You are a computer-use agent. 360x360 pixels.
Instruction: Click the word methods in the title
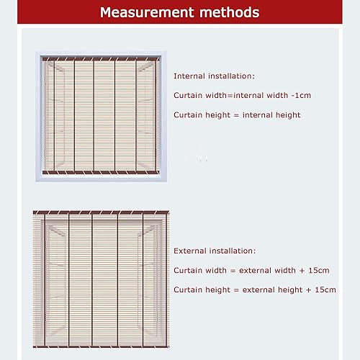(227, 13)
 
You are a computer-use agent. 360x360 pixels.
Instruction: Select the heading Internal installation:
(214, 75)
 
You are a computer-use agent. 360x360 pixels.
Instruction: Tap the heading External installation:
(215, 251)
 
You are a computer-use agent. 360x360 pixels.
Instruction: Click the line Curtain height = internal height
(237, 114)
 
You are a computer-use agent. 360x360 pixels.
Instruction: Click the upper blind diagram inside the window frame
(101, 115)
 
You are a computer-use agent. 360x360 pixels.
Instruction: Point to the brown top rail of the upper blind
(101, 58)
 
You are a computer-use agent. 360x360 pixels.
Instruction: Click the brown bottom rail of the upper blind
(101, 173)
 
